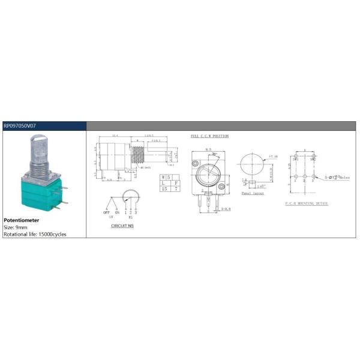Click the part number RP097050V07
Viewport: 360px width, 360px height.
(x=19, y=126)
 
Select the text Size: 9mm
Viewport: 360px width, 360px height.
(x=17, y=227)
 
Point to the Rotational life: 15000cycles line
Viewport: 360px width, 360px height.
(x=35, y=234)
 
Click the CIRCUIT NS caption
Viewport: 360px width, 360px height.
(x=122, y=226)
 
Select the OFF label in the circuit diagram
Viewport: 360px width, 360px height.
(x=107, y=212)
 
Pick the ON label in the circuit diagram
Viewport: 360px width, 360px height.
(x=117, y=212)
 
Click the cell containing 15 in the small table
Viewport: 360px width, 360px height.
(x=163, y=188)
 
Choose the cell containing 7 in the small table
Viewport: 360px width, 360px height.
(x=175, y=188)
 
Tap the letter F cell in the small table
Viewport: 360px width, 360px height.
(x=175, y=183)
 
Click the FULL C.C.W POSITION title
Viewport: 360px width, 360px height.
(x=209, y=136)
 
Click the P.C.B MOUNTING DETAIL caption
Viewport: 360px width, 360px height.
(x=307, y=204)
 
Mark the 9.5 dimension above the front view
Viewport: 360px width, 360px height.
(x=208, y=149)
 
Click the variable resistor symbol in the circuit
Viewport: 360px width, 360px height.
(x=128, y=197)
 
